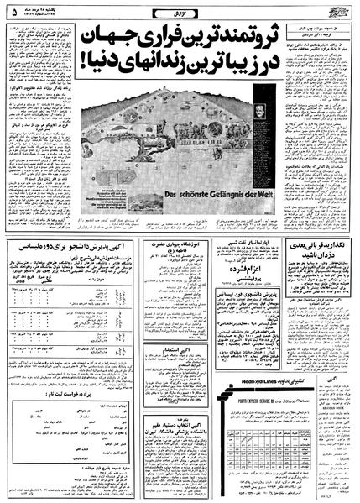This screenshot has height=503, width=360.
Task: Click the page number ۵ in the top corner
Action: [x=12, y=12]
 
